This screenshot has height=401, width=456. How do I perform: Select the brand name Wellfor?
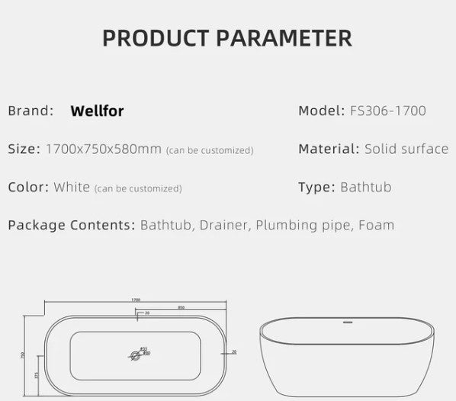click(x=97, y=111)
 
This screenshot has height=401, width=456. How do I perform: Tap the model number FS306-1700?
click(x=387, y=111)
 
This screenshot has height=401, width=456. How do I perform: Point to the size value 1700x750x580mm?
click(x=103, y=149)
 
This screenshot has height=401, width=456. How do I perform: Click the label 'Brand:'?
click(x=31, y=111)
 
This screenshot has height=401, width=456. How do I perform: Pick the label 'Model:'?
click(x=321, y=111)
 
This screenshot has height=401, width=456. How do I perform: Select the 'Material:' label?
click(x=329, y=149)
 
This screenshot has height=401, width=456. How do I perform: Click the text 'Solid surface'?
click(x=406, y=149)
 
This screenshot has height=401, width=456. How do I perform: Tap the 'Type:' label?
click(x=316, y=187)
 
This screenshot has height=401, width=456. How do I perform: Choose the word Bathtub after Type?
click(x=365, y=187)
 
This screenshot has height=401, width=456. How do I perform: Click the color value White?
click(x=72, y=187)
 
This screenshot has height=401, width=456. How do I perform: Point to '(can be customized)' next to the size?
click(x=210, y=150)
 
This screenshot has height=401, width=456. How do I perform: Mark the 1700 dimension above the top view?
click(x=136, y=300)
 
